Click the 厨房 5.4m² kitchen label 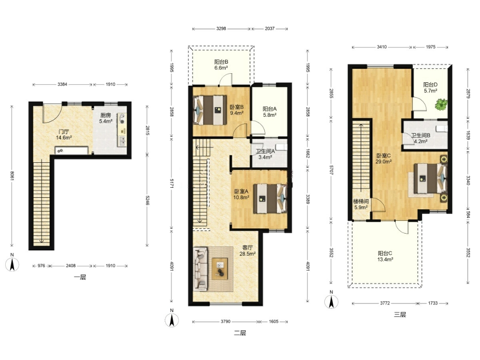[105, 118]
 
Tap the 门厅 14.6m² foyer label [64, 135]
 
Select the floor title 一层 [80, 277]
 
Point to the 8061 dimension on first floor [12, 175]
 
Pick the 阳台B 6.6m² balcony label [221, 65]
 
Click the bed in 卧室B [210, 110]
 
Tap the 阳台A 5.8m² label [270, 112]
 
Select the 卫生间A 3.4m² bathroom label [265, 154]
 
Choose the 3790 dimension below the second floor [225, 321]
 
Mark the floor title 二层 [240, 333]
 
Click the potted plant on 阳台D [441, 104]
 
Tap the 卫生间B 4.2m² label [421, 138]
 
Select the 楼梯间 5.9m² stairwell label [361, 204]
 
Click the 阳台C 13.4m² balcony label [385, 256]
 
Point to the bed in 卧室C [431, 178]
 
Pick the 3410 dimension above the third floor [382, 47]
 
